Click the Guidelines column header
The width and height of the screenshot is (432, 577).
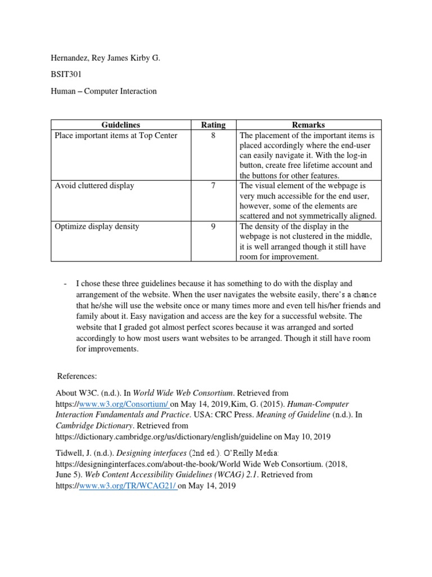[121, 125]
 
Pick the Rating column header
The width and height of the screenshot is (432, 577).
[213, 125]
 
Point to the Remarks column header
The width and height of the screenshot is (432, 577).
[308, 125]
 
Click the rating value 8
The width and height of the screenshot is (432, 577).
[213, 136]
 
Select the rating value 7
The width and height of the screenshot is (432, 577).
[213, 186]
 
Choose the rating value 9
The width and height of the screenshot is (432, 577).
[213, 227]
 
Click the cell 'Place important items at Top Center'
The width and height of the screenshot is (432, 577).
[115, 136]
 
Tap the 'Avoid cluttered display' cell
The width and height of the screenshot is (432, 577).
[94, 186]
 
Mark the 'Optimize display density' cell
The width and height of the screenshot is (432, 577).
[97, 227]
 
